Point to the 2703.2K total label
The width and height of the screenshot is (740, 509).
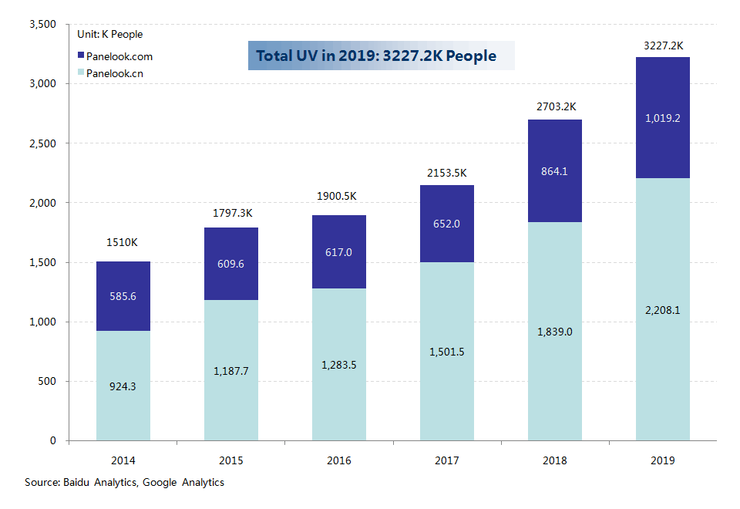pyautogui.click(x=555, y=106)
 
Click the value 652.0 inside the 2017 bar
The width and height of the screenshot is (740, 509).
pyautogui.click(x=447, y=224)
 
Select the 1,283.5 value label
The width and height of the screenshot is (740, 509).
pyautogui.click(x=339, y=365)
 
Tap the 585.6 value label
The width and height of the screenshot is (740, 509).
pyautogui.click(x=123, y=296)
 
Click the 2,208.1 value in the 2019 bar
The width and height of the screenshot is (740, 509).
pyautogui.click(x=662, y=310)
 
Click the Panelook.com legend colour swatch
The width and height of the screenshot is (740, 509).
pyautogui.click(x=81, y=56)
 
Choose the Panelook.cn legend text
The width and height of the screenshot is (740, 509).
pyautogui.click(x=114, y=73)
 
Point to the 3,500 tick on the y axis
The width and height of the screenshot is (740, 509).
pyautogui.click(x=42, y=25)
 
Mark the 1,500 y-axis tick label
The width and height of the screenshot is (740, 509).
pyautogui.click(x=42, y=263)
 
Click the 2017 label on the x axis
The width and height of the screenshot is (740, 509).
pyautogui.click(x=447, y=460)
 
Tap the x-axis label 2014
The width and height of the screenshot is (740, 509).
pyautogui.click(x=123, y=460)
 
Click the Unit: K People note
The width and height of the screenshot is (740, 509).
pyautogui.click(x=109, y=35)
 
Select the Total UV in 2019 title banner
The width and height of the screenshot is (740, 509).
pyautogui.click(x=381, y=56)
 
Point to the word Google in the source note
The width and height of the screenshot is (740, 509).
pyautogui.click(x=161, y=483)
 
